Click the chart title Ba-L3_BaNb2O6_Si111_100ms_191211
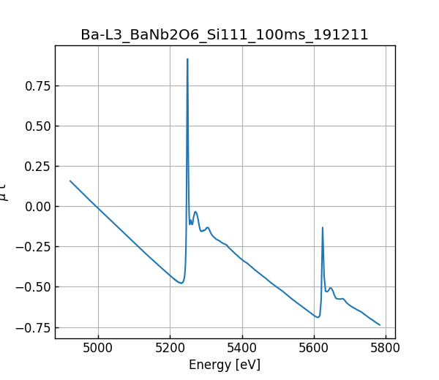tap(225, 35)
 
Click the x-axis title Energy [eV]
tap(225, 365)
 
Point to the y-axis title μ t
tap(6, 191)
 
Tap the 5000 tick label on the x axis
tap(99, 347)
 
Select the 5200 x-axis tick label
tap(170, 347)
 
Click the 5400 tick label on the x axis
tap(242, 347)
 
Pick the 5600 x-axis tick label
tap(314, 347)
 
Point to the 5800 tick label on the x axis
tap(386, 347)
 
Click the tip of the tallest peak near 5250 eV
tap(187, 59)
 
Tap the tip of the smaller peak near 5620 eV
tap(323, 227)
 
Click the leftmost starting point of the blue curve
tap(70, 180)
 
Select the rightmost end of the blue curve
tap(380, 325)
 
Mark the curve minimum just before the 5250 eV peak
tap(181, 283)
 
